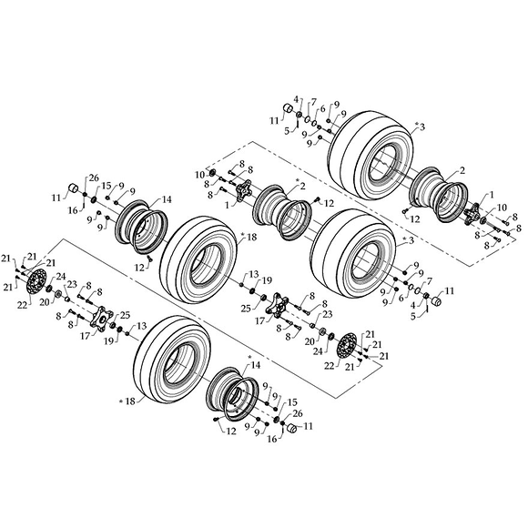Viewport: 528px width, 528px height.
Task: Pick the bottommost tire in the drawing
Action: (173, 360)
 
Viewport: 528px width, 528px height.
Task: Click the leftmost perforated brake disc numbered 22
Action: (36, 283)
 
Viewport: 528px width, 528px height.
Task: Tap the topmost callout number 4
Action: (296, 99)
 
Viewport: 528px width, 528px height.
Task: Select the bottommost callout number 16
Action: (272, 439)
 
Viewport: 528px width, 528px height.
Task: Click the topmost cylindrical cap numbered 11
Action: (288, 109)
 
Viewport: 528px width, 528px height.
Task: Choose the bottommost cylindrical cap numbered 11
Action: (291, 429)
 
